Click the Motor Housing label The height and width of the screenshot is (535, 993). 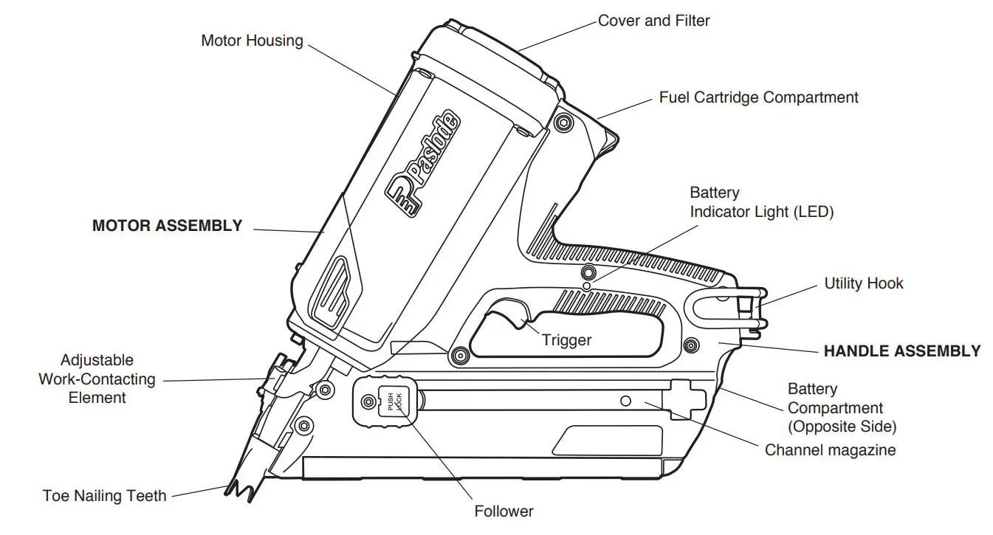click(252, 41)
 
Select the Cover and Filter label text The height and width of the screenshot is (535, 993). click(653, 21)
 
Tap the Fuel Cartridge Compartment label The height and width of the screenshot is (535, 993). click(758, 97)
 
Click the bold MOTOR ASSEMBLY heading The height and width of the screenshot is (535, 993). click(167, 227)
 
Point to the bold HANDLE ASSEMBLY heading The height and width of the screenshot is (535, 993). click(901, 352)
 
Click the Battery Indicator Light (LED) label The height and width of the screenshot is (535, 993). click(760, 203)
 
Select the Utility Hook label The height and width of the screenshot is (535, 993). click(863, 283)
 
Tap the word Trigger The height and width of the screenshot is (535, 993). click(566, 340)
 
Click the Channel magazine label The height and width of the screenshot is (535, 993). click(830, 450)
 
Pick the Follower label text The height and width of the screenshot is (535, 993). click(504, 511)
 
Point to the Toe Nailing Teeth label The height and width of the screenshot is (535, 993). click(104, 496)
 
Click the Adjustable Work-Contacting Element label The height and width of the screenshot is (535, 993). click(97, 379)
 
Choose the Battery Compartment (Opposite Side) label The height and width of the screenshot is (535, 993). click(842, 408)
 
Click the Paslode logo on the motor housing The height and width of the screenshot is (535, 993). click(423, 165)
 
